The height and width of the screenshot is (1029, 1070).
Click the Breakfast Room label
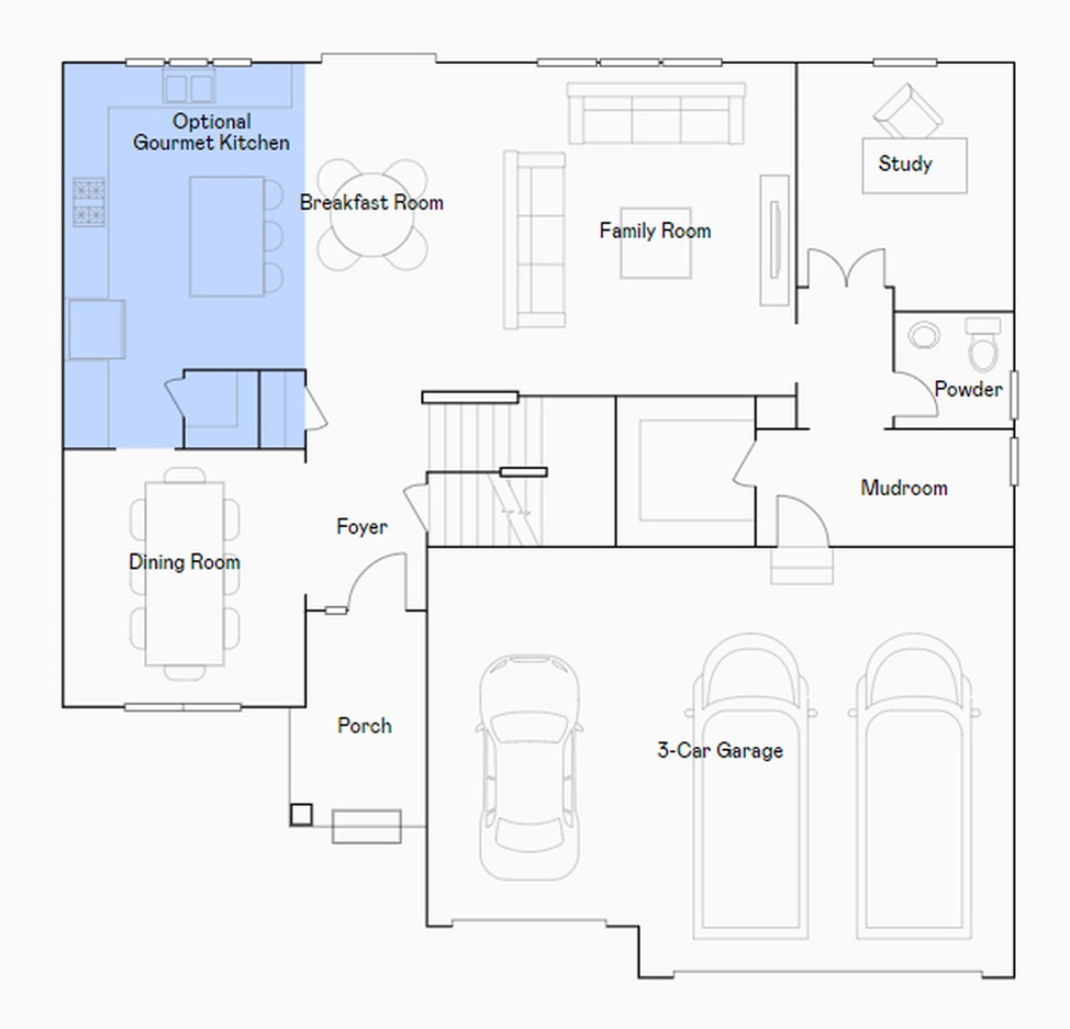[372, 203]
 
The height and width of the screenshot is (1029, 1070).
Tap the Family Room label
[655, 230]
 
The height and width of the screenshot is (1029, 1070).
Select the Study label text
[905, 163]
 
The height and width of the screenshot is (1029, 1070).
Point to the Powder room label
[969, 389]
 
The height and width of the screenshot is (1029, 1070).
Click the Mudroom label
[904, 488]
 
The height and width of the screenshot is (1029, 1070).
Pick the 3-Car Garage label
[720, 751]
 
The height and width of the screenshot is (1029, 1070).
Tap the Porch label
[364, 725]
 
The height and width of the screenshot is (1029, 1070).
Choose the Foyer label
[362, 526]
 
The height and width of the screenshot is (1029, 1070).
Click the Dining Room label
[184, 562]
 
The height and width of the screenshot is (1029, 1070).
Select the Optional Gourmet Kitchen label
[211, 132]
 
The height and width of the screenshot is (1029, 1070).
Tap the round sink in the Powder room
[924, 335]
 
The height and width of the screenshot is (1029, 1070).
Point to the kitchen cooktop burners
[90, 202]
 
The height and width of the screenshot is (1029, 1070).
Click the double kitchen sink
[189, 87]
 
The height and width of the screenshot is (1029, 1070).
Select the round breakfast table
[372, 214]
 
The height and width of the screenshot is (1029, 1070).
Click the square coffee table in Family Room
[655, 243]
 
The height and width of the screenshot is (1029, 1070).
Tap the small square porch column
[301, 814]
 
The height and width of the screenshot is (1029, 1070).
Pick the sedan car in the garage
[529, 766]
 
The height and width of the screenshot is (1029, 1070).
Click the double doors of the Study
[846, 268]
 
